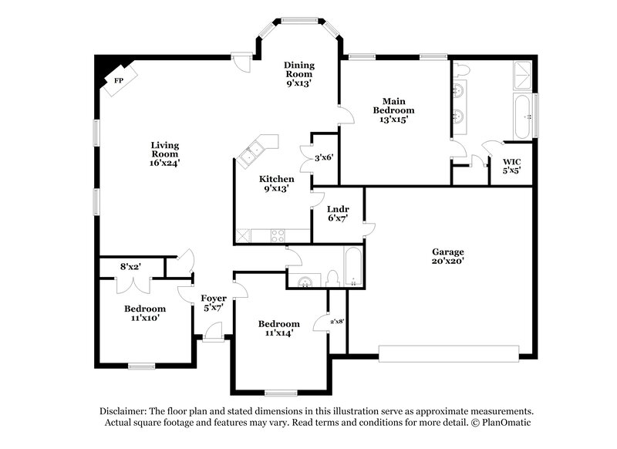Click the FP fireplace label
pos(119,80)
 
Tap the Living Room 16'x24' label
pos(165,154)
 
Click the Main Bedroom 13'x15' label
pos(394,110)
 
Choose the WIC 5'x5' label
pos(511,166)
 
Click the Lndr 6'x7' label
pos(338,213)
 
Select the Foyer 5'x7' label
pos(214,302)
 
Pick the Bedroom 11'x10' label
pos(145,312)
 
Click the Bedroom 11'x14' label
pos(278,329)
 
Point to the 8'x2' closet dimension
pos(129,267)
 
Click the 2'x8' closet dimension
pos(338,320)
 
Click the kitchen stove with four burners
pos(277,235)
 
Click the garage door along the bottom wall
pos(449,353)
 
